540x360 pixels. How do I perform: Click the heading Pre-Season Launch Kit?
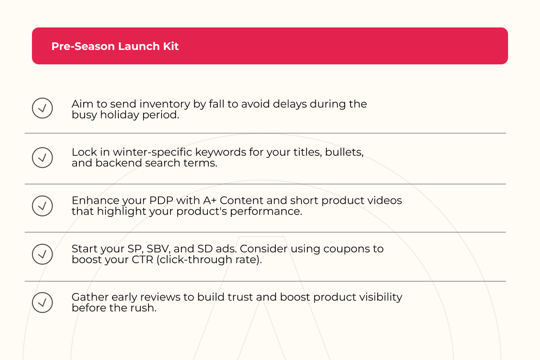coord(115,46)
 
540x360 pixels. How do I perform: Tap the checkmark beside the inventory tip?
coord(42,108)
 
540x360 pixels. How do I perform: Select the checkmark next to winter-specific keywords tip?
coord(42,157)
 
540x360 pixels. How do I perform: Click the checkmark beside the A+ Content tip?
coord(42,206)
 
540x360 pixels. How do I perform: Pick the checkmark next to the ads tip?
coord(42,254)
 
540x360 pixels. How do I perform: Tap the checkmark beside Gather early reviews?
coord(42,302)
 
